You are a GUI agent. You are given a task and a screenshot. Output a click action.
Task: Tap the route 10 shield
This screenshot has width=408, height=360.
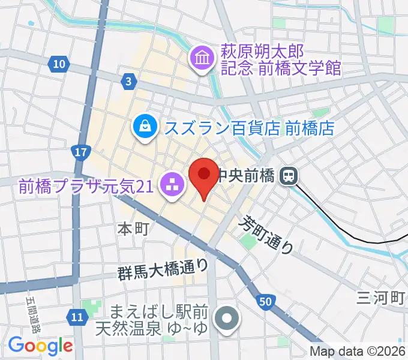58,64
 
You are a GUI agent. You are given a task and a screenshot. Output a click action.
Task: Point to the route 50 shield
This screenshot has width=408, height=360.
265,300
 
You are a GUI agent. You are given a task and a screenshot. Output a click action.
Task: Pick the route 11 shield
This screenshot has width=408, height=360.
76,316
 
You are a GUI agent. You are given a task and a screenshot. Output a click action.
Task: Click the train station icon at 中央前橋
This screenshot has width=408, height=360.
289,176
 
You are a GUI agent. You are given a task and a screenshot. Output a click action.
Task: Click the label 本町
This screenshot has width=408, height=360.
132,229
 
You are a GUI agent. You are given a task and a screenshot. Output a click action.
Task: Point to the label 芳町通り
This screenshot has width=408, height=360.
268,235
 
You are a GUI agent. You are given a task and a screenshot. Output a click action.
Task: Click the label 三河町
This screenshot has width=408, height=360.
382,297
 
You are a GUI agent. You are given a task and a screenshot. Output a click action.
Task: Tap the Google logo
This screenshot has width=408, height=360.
40,346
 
